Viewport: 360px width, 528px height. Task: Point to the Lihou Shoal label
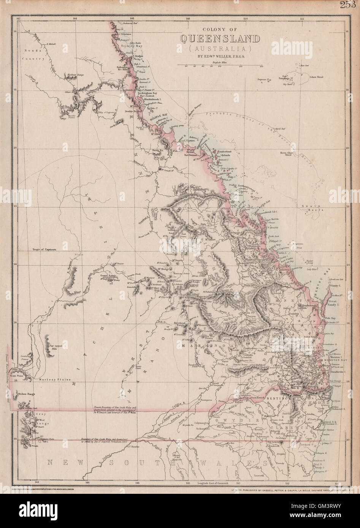pos(316,77)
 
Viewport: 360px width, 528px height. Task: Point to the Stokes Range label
pos(26,394)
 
